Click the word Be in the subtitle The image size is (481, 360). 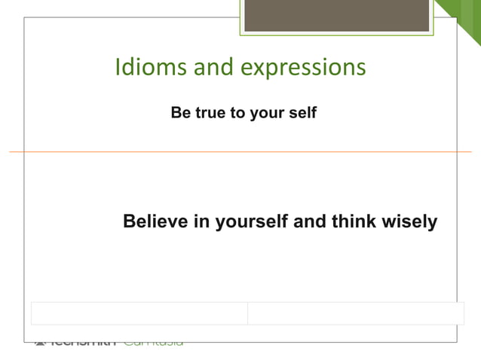click(180, 114)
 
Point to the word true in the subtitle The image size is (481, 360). click(210, 114)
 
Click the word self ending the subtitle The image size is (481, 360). click(302, 114)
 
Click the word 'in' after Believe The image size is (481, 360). click(203, 222)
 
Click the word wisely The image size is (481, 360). click(410, 223)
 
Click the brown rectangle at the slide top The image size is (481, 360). click(336, 16)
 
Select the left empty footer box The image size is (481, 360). click(139, 313)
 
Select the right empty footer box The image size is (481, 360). click(356, 313)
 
